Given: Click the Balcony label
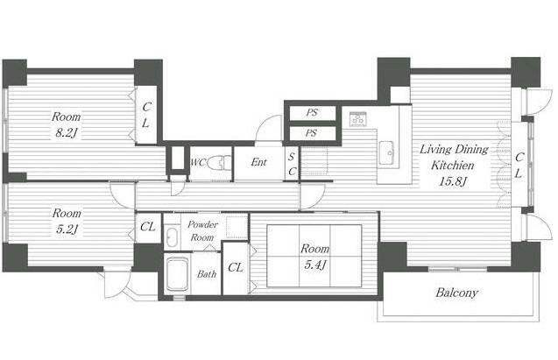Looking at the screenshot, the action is pos(456,293).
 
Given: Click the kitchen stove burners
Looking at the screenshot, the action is pos(358,119).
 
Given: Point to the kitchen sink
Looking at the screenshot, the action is pos(386,153).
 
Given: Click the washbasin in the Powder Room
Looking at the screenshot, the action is pos(173,236).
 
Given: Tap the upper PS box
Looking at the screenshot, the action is pos(313,113).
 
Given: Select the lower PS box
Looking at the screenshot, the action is pos(313,133).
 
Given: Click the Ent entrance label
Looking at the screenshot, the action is pos(258,162).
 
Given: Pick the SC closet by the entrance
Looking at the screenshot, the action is pos(292,164).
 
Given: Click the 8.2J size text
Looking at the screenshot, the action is pos(67,133).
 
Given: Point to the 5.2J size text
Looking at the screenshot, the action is pos(67,229).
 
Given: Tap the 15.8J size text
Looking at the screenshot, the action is pos(452,181).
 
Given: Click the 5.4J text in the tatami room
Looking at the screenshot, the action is pos(315,265).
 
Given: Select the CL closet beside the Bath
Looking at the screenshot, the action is pos(236,268).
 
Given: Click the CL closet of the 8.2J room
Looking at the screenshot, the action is pos(146,115).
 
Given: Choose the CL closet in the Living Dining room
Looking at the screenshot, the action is pos(519,165).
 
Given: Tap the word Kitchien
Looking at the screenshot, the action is pos(453,165).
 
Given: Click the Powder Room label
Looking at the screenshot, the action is pos(202,231).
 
